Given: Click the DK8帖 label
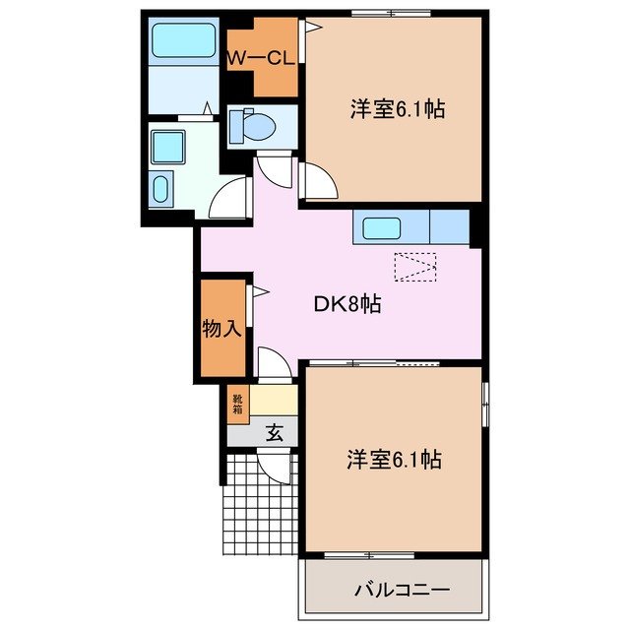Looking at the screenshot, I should [347, 305].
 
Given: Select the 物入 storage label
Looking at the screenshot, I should [222, 329].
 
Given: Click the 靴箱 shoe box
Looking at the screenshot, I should [237, 401].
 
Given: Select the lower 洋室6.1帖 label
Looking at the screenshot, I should [393, 460].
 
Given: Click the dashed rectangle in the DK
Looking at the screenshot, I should [413, 267].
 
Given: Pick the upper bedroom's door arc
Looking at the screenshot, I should [315, 182].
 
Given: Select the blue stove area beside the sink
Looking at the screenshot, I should [449, 228].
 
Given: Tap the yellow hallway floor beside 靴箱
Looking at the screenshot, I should [274, 401].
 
